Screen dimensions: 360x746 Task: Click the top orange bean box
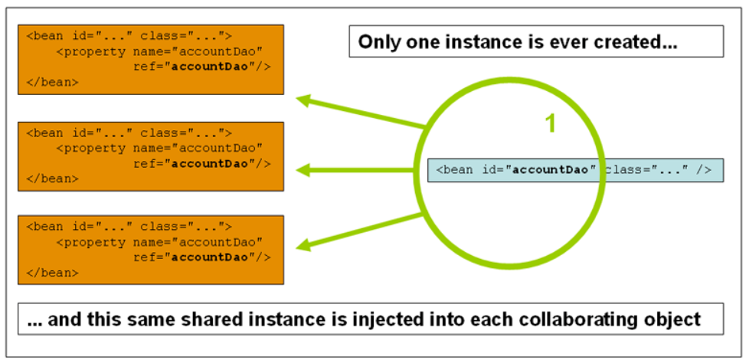point(151,59)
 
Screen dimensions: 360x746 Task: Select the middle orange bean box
point(151,155)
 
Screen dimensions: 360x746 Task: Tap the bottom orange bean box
point(151,249)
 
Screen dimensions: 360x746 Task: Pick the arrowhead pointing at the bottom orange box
point(305,245)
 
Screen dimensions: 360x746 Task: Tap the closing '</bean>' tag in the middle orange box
point(52,178)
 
